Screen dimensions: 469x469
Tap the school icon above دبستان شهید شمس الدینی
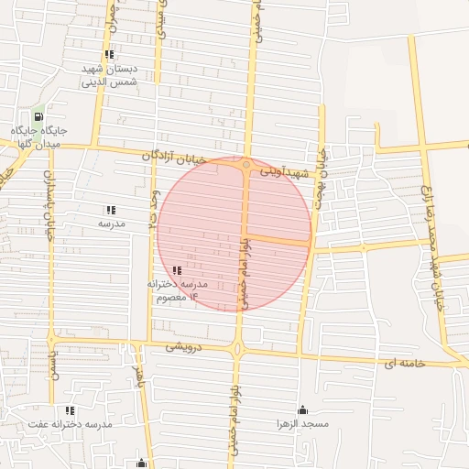(x=110, y=55)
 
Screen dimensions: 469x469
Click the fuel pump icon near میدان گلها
(x=38, y=117)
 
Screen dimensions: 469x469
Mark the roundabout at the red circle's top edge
(x=245, y=165)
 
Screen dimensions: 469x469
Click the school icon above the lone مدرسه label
(x=112, y=210)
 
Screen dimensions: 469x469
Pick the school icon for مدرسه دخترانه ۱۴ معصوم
(x=177, y=271)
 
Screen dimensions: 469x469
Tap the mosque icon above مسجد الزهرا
(x=302, y=409)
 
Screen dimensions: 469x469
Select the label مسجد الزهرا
(x=302, y=425)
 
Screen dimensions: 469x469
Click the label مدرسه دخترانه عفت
(x=70, y=425)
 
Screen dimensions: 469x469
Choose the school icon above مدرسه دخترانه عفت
(x=70, y=409)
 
